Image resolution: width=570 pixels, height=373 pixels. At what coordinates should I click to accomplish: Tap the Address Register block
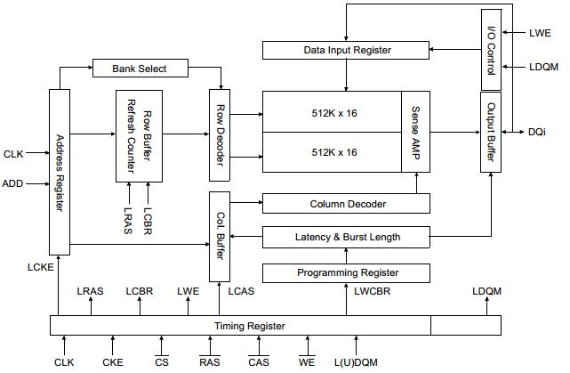[60, 172]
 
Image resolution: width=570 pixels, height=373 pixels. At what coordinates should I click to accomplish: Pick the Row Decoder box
[220, 134]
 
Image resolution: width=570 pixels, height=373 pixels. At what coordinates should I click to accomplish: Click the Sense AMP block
[415, 131]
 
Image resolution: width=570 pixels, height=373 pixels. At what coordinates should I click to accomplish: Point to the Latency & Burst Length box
[348, 237]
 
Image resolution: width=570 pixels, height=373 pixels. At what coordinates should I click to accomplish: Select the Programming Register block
[348, 272]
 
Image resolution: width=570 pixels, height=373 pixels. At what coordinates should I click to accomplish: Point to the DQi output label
[537, 133]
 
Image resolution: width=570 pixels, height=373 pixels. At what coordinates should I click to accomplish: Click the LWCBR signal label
[372, 291]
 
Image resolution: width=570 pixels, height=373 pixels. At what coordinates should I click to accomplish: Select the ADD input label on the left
[13, 183]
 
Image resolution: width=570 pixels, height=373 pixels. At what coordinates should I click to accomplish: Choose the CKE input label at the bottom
[112, 362]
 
